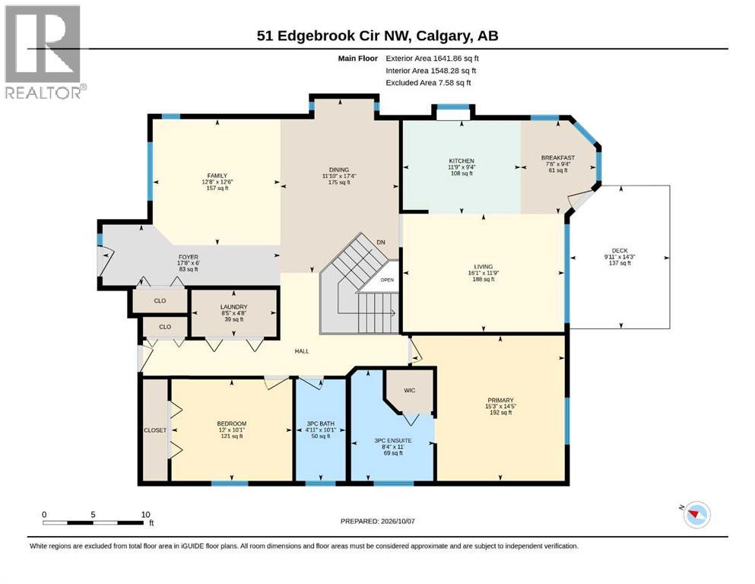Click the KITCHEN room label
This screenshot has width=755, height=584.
pyautogui.click(x=462, y=160)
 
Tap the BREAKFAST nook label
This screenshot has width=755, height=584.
pyautogui.click(x=557, y=157)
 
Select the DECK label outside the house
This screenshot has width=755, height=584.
pyautogui.click(x=620, y=250)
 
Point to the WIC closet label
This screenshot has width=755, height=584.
pyautogui.click(x=409, y=390)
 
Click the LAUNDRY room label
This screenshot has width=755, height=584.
pyautogui.click(x=233, y=306)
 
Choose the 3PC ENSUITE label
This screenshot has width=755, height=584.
pyautogui.click(x=393, y=440)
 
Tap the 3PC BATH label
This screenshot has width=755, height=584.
pyautogui.click(x=321, y=424)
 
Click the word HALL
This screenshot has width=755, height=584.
pyautogui.click(x=302, y=351)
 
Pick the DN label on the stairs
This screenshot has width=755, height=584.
pyautogui.click(x=381, y=242)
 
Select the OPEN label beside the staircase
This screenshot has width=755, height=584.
pyautogui.click(x=387, y=280)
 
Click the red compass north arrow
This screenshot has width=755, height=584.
pyautogui.click(x=693, y=516)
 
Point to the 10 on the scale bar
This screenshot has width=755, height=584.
pyautogui.click(x=145, y=515)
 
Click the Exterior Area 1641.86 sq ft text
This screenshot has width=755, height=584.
pyautogui.click(x=432, y=59)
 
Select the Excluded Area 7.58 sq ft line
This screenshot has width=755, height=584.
pyautogui.click(x=428, y=82)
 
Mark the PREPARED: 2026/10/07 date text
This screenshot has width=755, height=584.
pyautogui.click(x=377, y=521)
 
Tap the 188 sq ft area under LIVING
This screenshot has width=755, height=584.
pyautogui.click(x=483, y=279)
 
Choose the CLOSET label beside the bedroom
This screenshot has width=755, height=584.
pyautogui.click(x=155, y=430)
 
